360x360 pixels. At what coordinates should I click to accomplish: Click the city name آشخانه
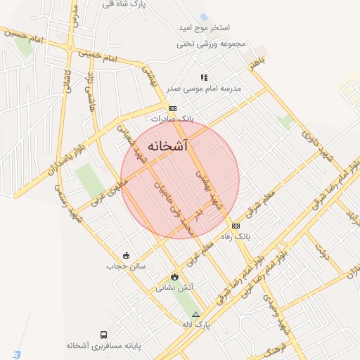(x=169, y=146)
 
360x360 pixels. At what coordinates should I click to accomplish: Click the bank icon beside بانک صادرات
(x=172, y=108)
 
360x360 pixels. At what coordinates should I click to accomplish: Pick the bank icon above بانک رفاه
(x=236, y=226)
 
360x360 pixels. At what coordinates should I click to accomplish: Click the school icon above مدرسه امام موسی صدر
(x=204, y=77)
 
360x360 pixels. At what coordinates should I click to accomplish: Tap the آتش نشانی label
(x=174, y=288)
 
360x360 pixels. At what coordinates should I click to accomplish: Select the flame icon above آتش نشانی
(x=174, y=276)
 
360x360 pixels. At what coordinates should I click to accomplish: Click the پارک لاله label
(x=196, y=325)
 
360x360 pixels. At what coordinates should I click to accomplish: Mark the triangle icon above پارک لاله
(x=196, y=314)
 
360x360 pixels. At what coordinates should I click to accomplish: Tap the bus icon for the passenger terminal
(x=104, y=335)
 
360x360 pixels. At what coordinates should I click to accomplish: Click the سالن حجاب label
(x=125, y=266)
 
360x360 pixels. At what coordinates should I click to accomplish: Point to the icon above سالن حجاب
(x=126, y=255)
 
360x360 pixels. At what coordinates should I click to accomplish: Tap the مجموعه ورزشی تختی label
(x=212, y=44)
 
